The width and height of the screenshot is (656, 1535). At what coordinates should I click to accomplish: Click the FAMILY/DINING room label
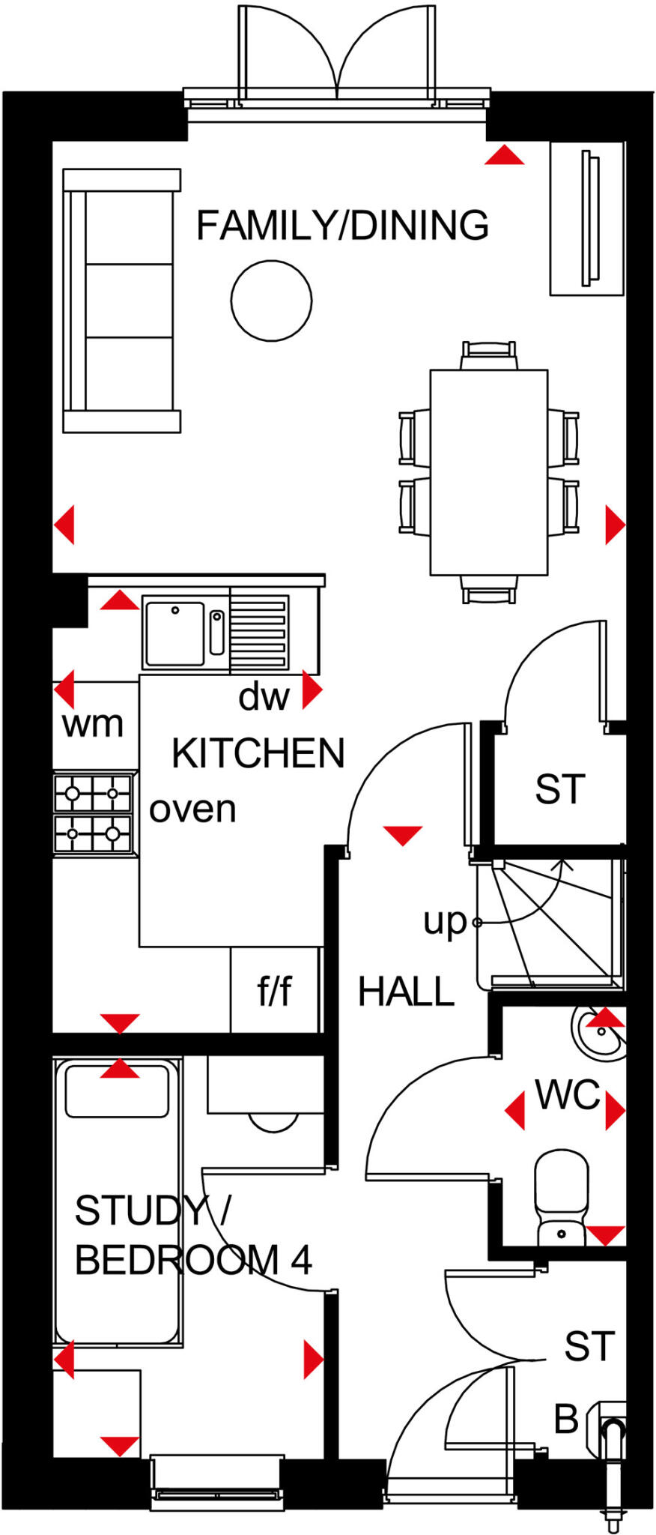point(342,226)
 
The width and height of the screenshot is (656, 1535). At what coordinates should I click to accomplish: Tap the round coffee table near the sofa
point(271,301)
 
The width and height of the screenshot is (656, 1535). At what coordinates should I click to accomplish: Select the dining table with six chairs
point(488,472)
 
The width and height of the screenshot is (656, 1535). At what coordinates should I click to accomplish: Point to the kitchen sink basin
point(174,633)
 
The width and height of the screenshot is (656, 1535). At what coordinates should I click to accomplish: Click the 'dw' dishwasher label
point(264,697)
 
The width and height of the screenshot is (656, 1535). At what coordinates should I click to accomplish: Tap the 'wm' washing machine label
point(92,724)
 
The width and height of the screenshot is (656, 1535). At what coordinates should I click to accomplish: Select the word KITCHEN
point(258,754)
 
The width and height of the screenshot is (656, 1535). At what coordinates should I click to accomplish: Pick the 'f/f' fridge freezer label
point(274,991)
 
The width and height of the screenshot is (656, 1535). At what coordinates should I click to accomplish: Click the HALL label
point(406,992)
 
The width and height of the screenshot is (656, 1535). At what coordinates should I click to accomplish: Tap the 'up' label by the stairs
point(445,921)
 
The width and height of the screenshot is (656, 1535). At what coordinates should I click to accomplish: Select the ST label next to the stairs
point(559,789)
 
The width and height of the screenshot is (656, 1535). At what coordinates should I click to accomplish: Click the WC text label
point(568,1095)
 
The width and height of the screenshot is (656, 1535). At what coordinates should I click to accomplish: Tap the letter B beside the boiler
point(566,1419)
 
